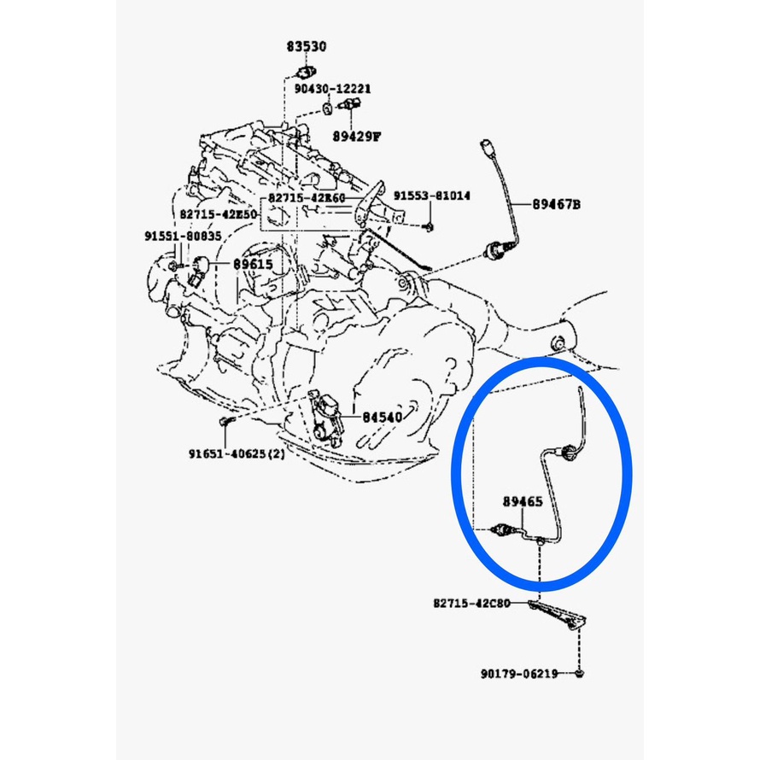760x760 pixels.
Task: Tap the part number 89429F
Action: pyautogui.click(x=357, y=135)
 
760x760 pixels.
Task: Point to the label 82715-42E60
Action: pyautogui.click(x=306, y=197)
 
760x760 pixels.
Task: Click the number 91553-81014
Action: pyautogui.click(x=432, y=196)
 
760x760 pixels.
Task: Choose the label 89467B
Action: pyautogui.click(x=556, y=205)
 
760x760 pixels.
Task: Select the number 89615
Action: pyautogui.click(x=253, y=265)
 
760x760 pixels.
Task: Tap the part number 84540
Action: pyautogui.click(x=380, y=418)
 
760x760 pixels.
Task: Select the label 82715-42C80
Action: pyautogui.click(x=472, y=604)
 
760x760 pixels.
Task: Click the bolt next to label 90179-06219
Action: pyautogui.click(x=579, y=675)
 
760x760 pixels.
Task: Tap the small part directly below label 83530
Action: pyautogui.click(x=304, y=70)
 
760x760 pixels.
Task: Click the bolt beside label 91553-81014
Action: pyautogui.click(x=428, y=225)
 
